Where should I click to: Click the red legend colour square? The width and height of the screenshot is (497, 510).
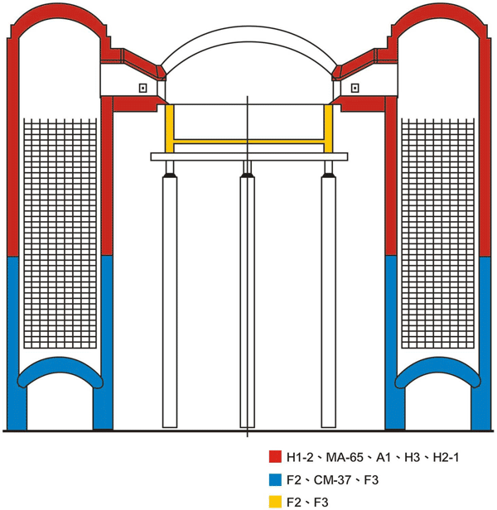275,456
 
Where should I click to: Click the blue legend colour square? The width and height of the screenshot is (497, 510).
275,479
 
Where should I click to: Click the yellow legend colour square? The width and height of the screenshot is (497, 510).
275,502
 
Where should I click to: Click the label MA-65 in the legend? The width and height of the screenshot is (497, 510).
345,458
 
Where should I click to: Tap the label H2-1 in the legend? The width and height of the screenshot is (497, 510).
446,458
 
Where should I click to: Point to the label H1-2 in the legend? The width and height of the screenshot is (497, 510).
300,458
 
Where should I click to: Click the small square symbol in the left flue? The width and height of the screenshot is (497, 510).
142,88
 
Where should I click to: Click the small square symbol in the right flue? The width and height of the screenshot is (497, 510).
355,88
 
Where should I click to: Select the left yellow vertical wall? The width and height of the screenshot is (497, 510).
170,128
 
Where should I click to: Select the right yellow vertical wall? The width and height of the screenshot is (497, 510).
328,128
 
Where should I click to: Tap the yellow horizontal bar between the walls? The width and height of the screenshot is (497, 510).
248,142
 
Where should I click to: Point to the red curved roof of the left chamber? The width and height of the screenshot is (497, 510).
60,12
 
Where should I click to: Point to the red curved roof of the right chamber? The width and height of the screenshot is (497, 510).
437,12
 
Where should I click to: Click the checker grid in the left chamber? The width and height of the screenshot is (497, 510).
60,233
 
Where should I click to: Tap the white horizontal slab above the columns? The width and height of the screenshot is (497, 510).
249,156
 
